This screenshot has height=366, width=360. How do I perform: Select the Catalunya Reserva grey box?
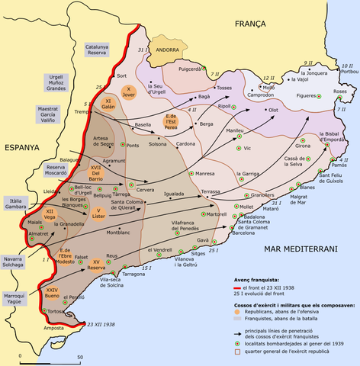97,51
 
